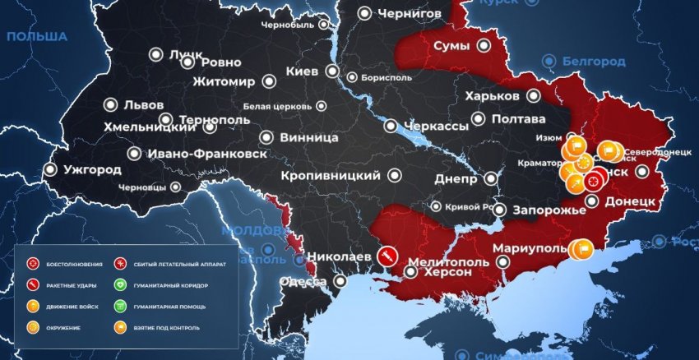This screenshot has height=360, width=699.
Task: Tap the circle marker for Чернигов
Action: pyautogui.click(x=365, y=13)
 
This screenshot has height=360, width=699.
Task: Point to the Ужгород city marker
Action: pyautogui.click(x=51, y=170)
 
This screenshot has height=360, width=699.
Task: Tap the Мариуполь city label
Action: pyautogui.click(x=529, y=248)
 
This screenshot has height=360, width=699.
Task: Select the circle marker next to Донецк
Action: pyautogui.click(x=592, y=201)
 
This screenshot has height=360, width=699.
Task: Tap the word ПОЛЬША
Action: pyautogui.click(x=36, y=37)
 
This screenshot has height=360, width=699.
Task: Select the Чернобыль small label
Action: pyautogui.click(x=287, y=25)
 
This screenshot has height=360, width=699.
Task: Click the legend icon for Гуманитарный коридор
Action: pyautogui.click(x=120, y=285)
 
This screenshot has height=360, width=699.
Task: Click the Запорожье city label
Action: pyautogui.click(x=549, y=210)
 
